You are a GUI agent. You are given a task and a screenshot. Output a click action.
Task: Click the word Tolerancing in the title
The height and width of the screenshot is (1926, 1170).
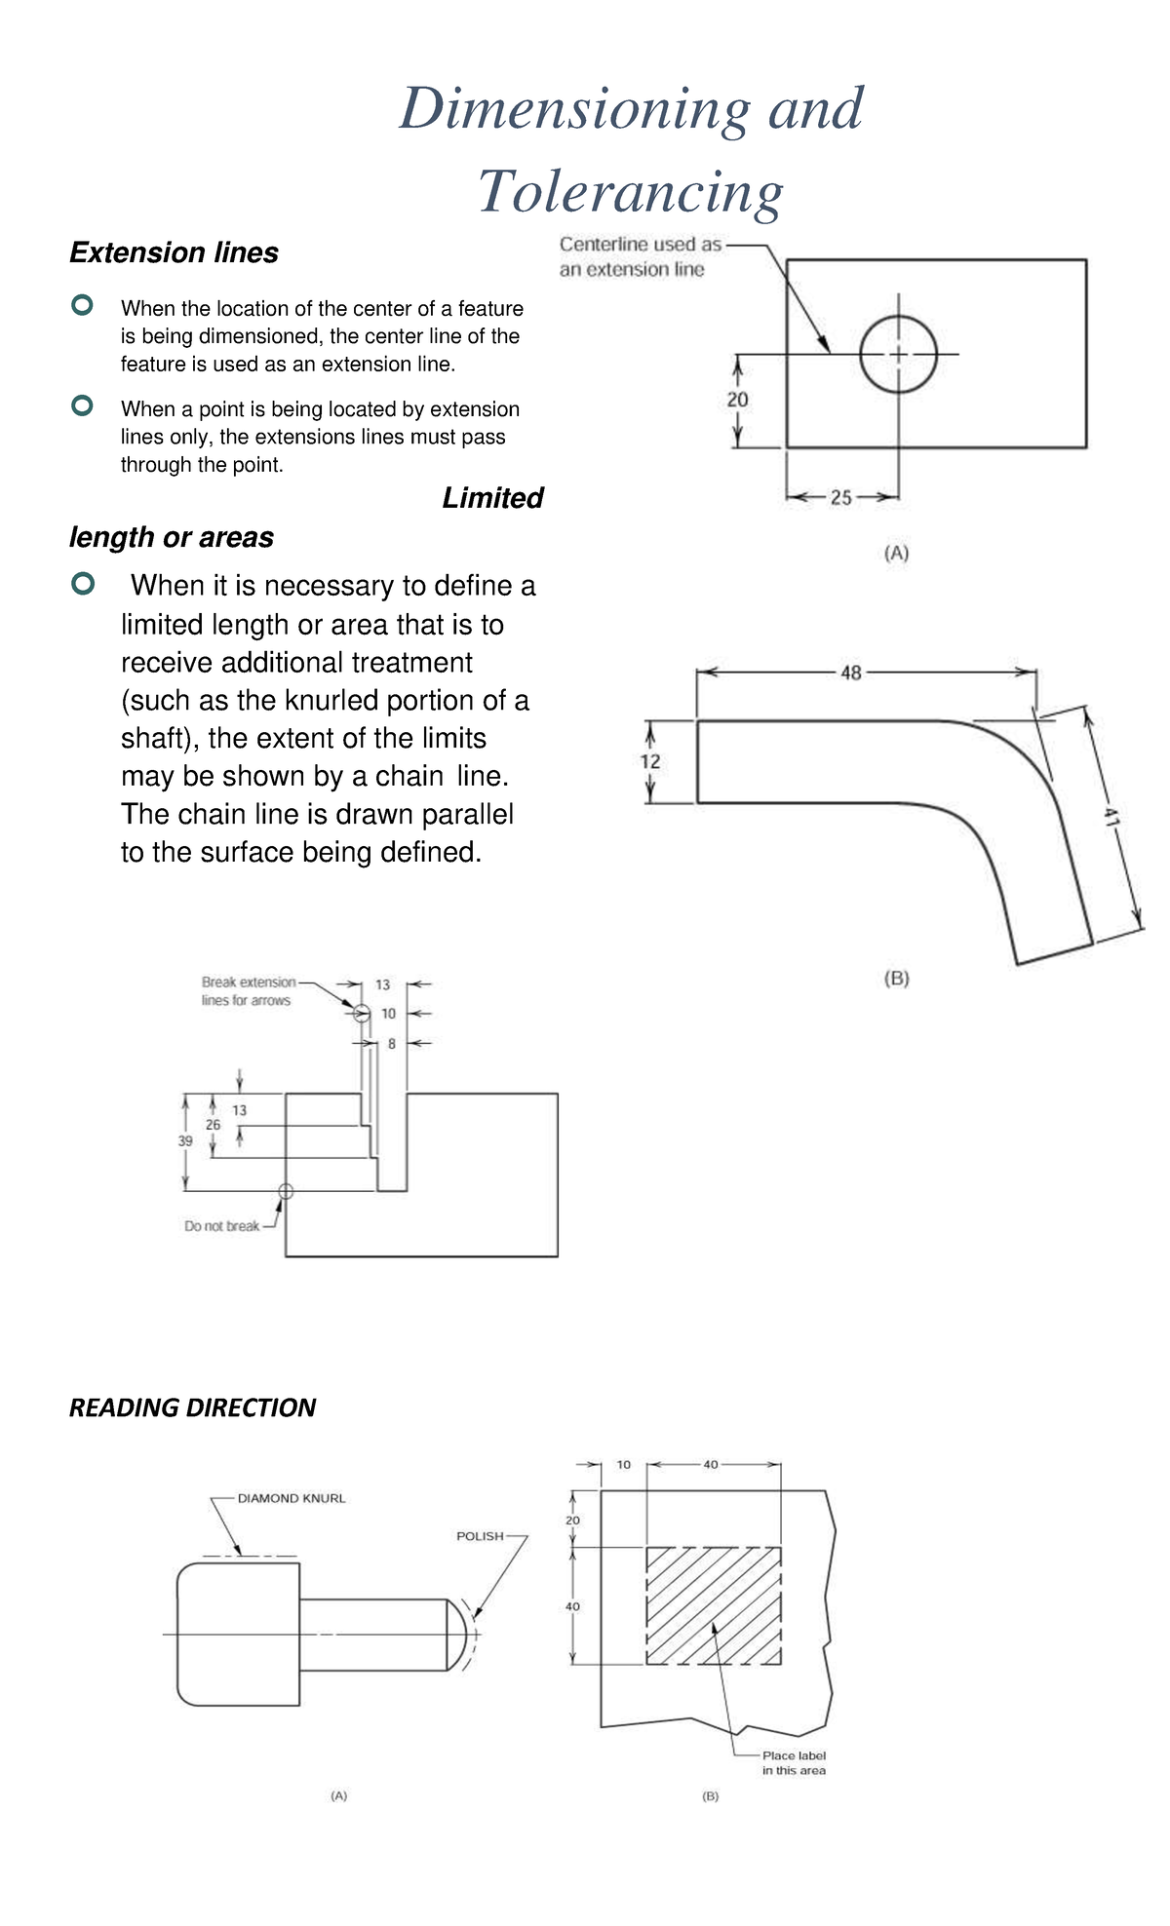click(630, 192)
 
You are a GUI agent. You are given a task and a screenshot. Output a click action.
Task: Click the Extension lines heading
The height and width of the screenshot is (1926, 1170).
click(174, 253)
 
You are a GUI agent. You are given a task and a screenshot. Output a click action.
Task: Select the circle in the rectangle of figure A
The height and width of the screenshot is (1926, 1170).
click(898, 354)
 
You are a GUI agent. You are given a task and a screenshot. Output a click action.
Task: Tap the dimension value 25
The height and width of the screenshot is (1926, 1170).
click(840, 498)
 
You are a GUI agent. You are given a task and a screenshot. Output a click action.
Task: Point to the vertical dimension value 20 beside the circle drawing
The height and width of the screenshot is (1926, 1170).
click(737, 400)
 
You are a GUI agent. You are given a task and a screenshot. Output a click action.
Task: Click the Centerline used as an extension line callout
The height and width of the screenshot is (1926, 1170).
click(640, 257)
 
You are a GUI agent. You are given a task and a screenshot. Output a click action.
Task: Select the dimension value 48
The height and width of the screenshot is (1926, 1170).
click(850, 673)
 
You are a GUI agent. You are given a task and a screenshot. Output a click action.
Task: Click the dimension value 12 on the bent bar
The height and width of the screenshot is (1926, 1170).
click(650, 761)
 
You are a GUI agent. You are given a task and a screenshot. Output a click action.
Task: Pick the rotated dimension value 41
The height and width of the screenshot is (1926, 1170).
click(1111, 816)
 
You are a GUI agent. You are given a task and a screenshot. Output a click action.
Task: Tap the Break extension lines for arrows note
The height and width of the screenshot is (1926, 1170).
click(248, 991)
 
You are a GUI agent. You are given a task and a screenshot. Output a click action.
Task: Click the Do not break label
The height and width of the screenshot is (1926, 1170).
click(221, 1226)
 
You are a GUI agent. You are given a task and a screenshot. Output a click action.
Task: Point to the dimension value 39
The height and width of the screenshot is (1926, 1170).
click(185, 1140)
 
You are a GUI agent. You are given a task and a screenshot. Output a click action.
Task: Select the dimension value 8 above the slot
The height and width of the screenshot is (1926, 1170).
click(392, 1044)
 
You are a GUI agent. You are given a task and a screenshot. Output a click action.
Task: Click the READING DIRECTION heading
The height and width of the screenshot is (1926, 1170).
click(192, 1407)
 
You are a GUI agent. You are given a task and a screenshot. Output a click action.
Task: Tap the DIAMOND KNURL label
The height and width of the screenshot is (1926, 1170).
click(292, 1498)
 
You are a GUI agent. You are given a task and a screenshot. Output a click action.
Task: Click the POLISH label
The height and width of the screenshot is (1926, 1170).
click(480, 1536)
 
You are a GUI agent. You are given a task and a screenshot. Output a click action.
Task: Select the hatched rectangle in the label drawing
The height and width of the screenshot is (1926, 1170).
click(714, 1605)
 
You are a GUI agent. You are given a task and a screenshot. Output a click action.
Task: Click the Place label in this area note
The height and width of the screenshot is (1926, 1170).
click(794, 1762)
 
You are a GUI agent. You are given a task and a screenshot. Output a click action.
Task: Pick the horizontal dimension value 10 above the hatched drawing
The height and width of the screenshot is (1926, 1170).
click(624, 1464)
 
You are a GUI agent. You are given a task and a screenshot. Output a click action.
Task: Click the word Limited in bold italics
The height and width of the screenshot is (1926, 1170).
click(492, 498)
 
